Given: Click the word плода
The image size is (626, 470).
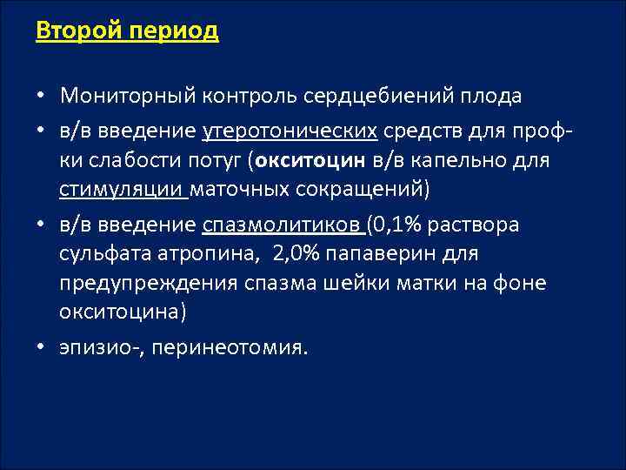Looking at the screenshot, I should tap(491, 94).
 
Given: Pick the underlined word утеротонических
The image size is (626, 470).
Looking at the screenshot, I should tap(290, 131).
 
